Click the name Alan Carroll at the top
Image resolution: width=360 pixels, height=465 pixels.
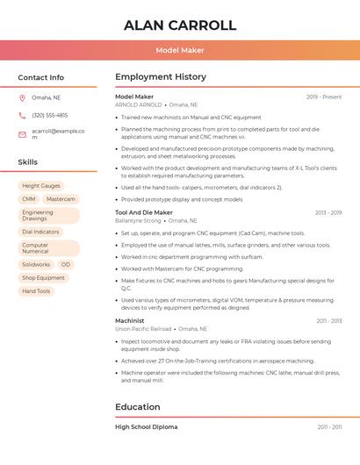(x=180, y=25)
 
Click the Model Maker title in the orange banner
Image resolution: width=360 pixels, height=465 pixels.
(x=180, y=50)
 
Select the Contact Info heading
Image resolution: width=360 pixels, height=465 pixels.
(x=40, y=77)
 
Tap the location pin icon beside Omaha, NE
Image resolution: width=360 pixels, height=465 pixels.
(x=22, y=97)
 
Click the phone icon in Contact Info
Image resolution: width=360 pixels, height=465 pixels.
(x=22, y=115)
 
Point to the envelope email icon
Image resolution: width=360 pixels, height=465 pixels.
(x=22, y=134)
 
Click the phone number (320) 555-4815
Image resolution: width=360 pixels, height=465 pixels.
(x=49, y=115)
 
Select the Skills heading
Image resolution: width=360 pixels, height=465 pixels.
(x=27, y=162)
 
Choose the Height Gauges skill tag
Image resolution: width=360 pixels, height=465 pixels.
(x=41, y=186)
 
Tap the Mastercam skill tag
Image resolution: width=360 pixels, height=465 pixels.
(x=61, y=199)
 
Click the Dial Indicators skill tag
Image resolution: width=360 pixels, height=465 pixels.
(x=40, y=232)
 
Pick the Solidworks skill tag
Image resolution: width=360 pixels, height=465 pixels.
(x=36, y=264)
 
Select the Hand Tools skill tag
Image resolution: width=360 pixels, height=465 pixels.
(x=36, y=290)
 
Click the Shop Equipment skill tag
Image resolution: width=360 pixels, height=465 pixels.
(x=43, y=277)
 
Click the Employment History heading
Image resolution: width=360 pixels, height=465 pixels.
(x=161, y=77)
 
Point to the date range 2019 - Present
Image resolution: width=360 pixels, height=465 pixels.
(x=324, y=97)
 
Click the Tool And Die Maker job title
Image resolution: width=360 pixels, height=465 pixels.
(x=144, y=212)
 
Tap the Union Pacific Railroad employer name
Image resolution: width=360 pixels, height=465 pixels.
(x=144, y=329)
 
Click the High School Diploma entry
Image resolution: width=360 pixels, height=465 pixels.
(x=146, y=426)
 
